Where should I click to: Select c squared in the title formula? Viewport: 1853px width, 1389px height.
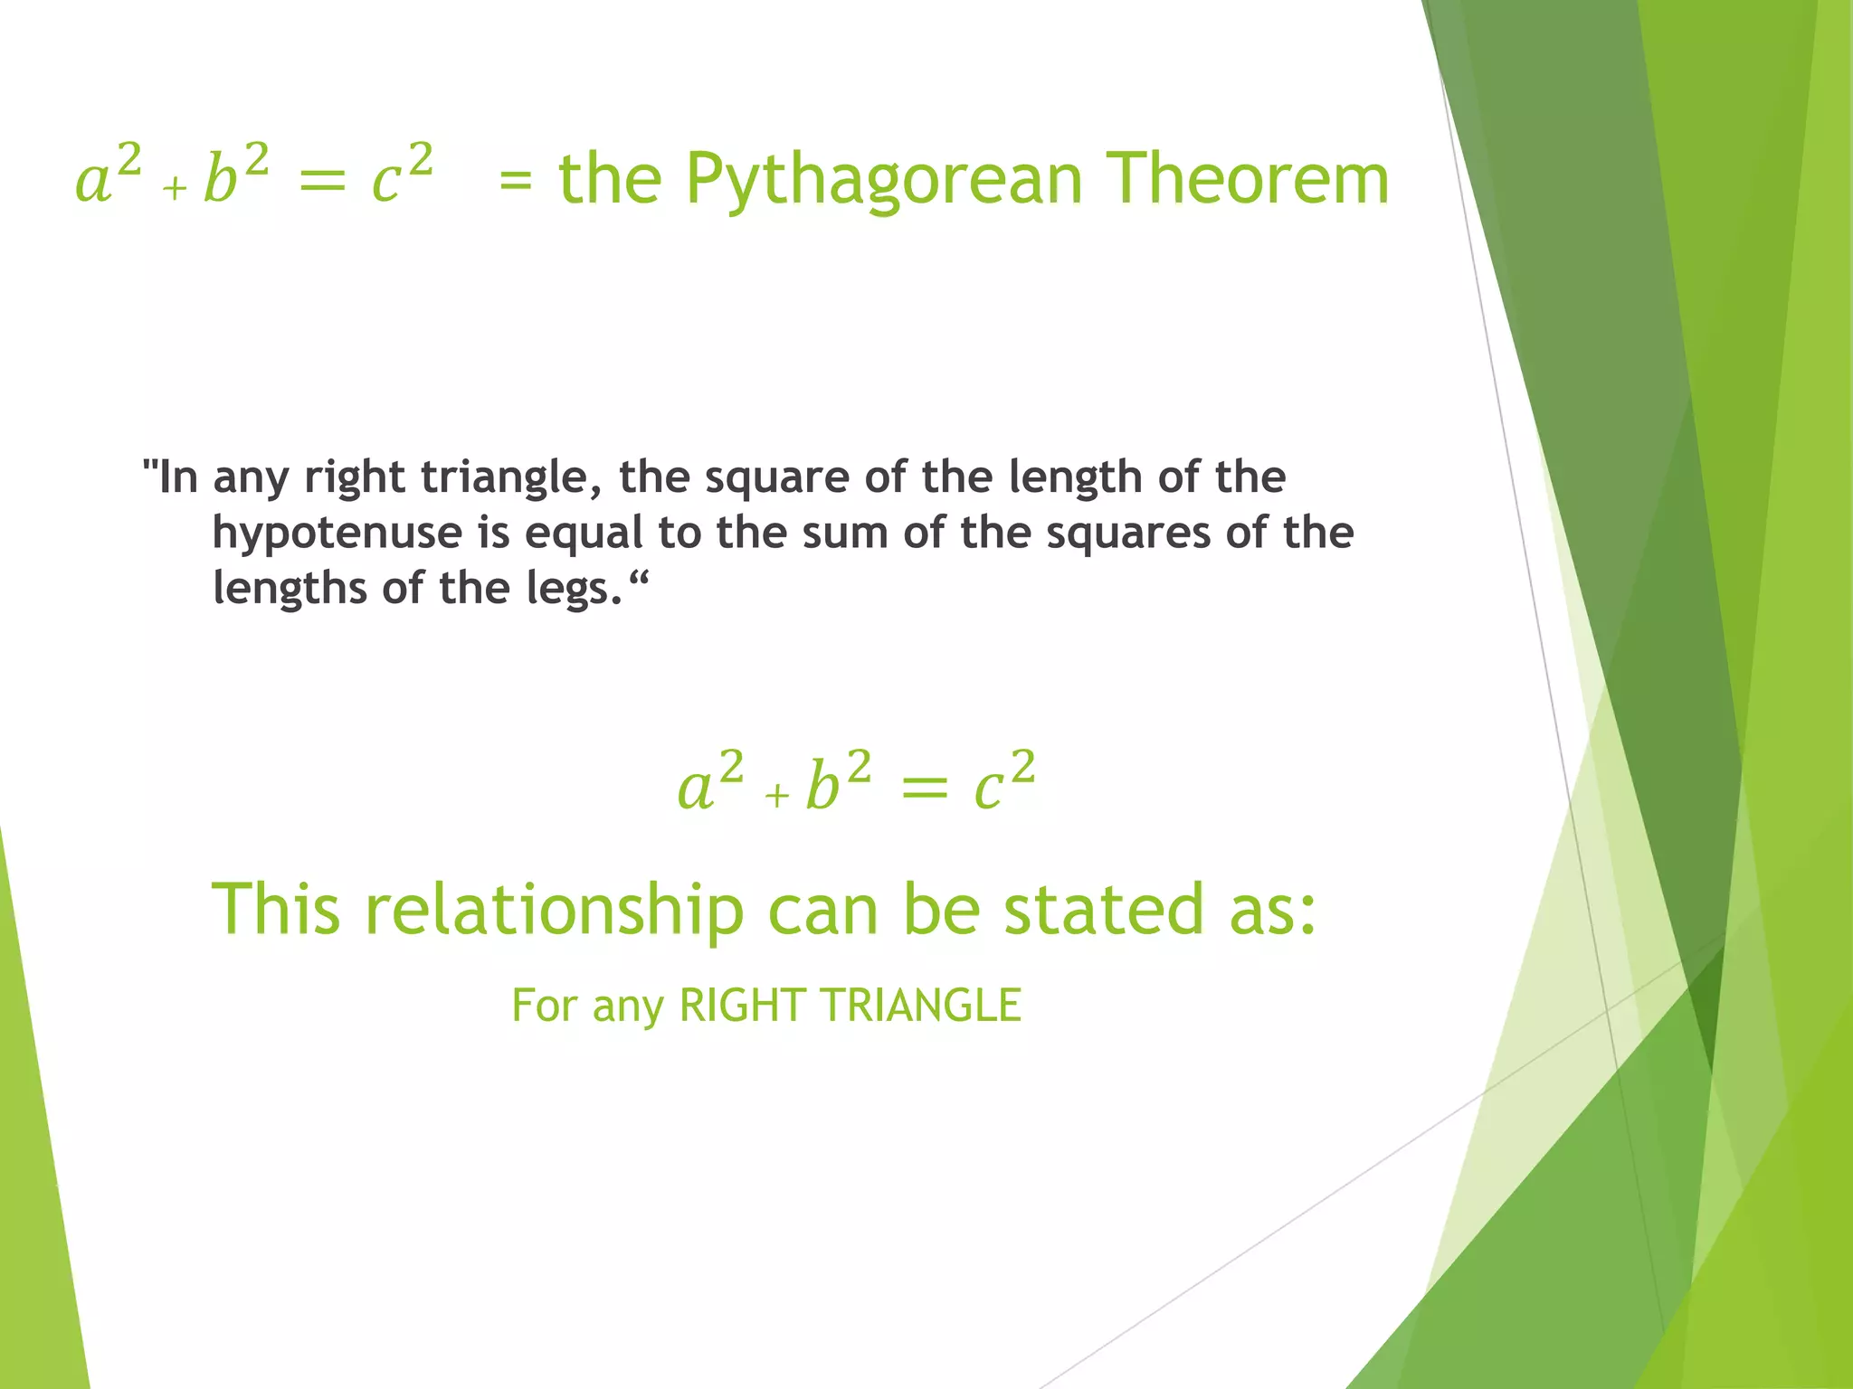click(402, 174)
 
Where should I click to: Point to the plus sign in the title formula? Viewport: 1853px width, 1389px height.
click(175, 189)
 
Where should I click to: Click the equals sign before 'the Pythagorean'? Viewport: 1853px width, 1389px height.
click(516, 180)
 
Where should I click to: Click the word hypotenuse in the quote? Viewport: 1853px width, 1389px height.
click(337, 533)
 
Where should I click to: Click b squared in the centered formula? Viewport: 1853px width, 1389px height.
click(838, 781)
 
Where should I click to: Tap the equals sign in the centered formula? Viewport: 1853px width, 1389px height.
click(924, 789)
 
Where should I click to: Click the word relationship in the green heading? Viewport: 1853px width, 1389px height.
click(554, 909)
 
